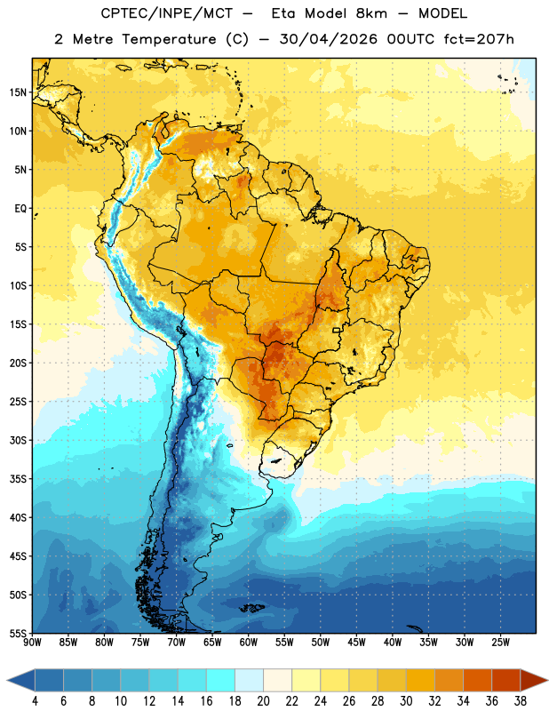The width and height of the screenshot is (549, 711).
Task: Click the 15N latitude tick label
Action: (x=18, y=92)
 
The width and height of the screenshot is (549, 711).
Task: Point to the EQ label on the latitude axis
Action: (x=20, y=209)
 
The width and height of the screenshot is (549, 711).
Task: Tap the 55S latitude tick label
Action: (x=18, y=633)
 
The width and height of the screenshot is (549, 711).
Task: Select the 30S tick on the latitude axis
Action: (x=18, y=440)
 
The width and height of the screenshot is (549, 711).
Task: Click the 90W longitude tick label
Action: (x=32, y=643)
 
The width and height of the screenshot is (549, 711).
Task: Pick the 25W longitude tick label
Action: (x=500, y=643)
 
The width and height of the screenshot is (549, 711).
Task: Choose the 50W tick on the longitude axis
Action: (x=321, y=643)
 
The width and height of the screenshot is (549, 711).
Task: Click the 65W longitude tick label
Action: (x=212, y=643)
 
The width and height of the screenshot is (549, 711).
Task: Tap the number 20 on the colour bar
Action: (x=263, y=701)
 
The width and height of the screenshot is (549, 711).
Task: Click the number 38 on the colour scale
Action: (x=521, y=701)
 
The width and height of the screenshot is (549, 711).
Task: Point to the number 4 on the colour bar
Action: (x=35, y=701)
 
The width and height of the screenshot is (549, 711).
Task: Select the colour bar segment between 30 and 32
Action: (x=420, y=680)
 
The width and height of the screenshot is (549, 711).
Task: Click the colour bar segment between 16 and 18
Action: (x=220, y=680)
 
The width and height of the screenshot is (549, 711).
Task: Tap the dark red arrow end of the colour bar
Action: (x=533, y=680)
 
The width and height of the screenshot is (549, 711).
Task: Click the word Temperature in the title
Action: (x=169, y=39)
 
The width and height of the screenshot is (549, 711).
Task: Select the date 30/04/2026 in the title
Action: (x=328, y=39)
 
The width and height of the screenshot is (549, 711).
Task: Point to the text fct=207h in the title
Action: (x=479, y=39)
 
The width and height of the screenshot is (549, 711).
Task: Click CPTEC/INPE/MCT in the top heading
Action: (x=166, y=13)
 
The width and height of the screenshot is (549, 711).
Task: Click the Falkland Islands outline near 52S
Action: (x=252, y=608)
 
